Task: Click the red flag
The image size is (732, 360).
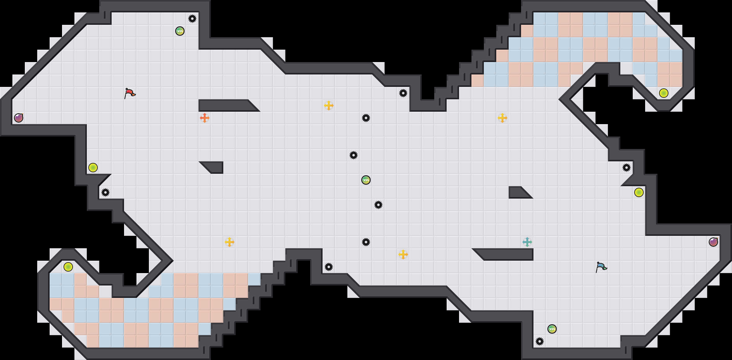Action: (x=130, y=93)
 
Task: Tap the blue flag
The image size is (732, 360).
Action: (x=601, y=267)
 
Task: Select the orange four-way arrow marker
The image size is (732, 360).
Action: (x=205, y=118)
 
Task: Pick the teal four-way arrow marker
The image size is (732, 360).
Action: (x=527, y=242)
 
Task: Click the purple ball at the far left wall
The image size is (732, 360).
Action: (x=19, y=118)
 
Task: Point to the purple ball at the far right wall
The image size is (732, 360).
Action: (x=713, y=242)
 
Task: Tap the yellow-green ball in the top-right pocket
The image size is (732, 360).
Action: (x=664, y=93)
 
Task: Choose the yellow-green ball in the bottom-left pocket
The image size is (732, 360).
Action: (x=68, y=267)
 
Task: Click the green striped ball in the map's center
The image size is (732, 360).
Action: (x=366, y=180)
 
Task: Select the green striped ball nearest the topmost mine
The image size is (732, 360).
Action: (x=180, y=31)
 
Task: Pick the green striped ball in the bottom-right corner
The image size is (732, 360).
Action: (x=552, y=329)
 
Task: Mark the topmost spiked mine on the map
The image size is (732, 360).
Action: (x=192, y=19)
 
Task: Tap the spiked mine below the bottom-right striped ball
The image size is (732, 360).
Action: (x=540, y=341)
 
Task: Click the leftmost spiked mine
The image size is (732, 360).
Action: (x=105, y=192)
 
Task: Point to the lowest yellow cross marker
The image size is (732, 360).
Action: (x=403, y=254)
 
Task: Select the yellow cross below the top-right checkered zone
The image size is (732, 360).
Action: (x=502, y=118)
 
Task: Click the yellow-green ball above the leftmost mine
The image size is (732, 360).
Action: (x=93, y=168)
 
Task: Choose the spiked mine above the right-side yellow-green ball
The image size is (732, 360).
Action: (x=627, y=168)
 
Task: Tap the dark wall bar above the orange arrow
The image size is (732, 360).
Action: (x=226, y=106)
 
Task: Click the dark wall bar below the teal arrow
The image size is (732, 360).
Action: (x=506, y=254)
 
